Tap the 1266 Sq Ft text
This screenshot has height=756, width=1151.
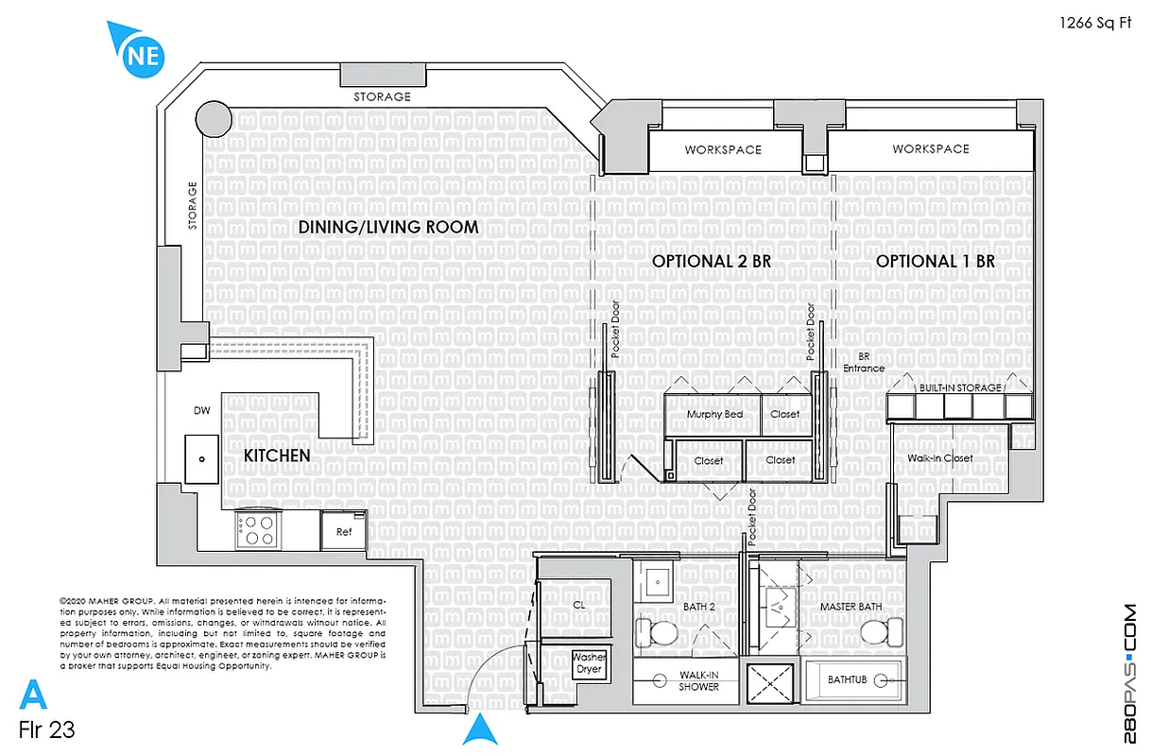coord(1095,25)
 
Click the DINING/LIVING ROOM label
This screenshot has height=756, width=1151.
coord(388,228)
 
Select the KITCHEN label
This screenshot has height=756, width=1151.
coord(277,456)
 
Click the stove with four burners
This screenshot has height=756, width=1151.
coord(257,530)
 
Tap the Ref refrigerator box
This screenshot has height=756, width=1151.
coord(344,531)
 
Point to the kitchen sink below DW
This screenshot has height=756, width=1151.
coord(202,460)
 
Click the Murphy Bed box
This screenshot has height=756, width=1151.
coord(713,415)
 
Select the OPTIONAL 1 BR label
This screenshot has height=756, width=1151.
coord(935,262)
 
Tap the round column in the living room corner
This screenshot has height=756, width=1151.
coord(213,120)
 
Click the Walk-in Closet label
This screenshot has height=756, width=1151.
coord(939,459)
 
